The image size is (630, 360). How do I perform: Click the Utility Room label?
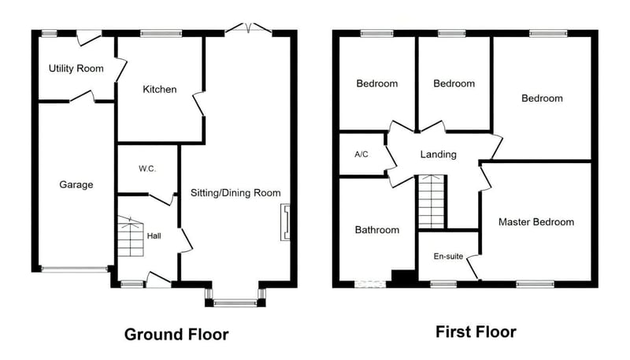point(76,69)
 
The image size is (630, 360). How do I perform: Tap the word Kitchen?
point(160,89)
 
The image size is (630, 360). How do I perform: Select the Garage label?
point(76,185)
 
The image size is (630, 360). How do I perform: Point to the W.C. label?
point(147,169)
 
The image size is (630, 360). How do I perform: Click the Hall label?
point(154,236)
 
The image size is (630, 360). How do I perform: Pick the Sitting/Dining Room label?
point(235,193)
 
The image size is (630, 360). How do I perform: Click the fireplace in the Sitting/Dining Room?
point(285,223)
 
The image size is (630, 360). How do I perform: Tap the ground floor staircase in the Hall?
point(131,236)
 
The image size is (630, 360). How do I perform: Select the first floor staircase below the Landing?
point(431,202)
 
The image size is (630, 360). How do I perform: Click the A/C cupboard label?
point(361,154)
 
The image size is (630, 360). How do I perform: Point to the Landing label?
point(439,154)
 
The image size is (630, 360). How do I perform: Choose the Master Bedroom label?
point(536,222)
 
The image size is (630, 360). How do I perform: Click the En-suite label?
point(448,256)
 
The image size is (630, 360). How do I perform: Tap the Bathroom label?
point(377,230)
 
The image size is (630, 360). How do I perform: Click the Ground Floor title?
point(176,334)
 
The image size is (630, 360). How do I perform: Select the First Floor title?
point(476,332)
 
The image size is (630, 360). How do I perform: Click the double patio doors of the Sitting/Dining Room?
point(248,28)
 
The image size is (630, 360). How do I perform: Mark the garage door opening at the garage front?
point(75,269)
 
